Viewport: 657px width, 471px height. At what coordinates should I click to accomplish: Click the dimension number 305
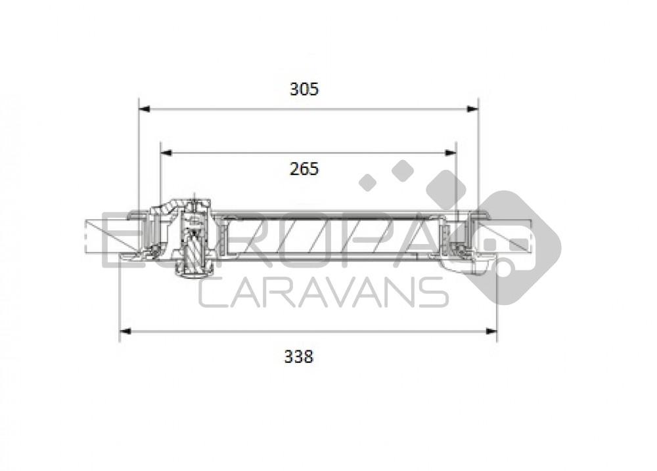pos(304,89)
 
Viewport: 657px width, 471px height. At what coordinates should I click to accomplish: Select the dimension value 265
pos(304,169)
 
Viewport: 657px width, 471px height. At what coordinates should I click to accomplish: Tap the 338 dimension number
pos(299,356)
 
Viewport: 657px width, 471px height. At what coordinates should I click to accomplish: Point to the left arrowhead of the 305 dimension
pos(145,109)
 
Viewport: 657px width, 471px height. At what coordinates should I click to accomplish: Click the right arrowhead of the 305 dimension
pos(472,109)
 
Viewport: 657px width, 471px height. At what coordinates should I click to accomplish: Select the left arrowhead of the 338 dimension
pos(125,331)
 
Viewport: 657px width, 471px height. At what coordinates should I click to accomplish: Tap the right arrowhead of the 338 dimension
pos(491,331)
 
